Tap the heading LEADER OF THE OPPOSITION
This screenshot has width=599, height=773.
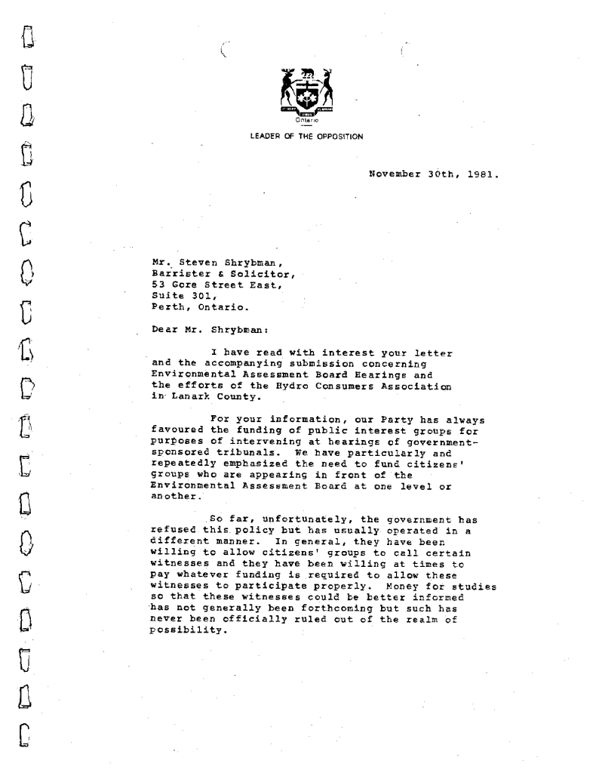click(x=299, y=136)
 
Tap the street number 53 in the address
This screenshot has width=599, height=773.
click(x=158, y=284)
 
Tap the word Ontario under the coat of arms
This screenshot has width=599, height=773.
click(x=299, y=119)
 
